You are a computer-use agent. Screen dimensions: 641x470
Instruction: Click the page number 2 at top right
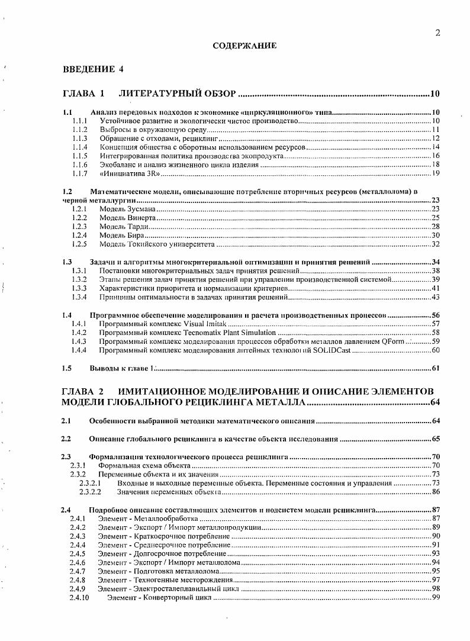[x=437, y=33]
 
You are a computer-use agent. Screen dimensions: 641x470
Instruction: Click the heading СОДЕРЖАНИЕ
[x=244, y=46]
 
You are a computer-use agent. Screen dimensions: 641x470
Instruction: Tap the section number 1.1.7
[x=79, y=173]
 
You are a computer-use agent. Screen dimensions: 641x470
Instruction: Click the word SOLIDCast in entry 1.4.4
[x=333, y=350]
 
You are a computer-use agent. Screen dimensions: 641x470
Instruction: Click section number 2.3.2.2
[x=91, y=492]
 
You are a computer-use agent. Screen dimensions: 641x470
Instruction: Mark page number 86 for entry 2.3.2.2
[x=435, y=492]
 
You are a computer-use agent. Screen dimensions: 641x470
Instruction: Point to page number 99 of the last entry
[x=435, y=598]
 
